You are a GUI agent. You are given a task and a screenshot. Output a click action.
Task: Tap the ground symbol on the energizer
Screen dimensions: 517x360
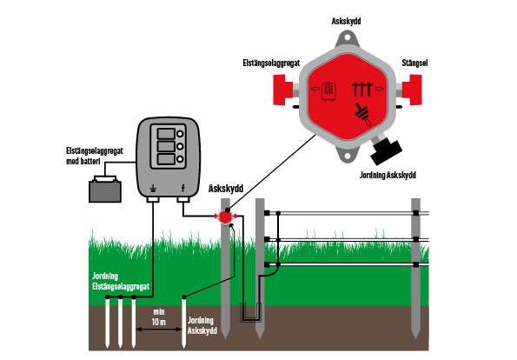(153, 189)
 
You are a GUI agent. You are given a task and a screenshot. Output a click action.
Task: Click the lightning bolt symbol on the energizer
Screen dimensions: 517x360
(183, 188)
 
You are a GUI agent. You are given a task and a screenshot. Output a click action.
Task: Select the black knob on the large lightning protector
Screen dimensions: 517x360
(386, 151)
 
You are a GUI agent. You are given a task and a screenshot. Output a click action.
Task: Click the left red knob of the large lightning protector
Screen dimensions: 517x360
(282, 90)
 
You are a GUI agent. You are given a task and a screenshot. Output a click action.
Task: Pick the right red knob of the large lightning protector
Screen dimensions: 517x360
(413, 90)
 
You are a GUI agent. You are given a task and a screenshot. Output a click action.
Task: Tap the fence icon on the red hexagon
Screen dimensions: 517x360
(362, 90)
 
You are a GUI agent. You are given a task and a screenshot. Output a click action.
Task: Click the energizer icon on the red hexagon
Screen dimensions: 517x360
(328, 91)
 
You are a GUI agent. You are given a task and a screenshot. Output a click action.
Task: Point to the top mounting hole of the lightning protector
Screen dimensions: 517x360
(347, 37)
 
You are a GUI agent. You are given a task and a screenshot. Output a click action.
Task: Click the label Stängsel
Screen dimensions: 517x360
(414, 63)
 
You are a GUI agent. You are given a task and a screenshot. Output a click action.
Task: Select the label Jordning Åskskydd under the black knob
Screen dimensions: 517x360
(388, 175)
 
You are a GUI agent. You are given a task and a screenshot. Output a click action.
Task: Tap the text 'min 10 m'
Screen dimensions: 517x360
(159, 317)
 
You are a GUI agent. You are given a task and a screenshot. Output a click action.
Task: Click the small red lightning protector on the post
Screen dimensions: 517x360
(226, 217)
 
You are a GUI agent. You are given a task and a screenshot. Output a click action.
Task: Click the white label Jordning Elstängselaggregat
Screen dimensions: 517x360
(121, 281)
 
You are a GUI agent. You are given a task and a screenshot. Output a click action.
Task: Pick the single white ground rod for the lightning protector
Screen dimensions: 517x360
(184, 322)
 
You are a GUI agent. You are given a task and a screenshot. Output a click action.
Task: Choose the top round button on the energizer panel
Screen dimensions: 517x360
(180, 134)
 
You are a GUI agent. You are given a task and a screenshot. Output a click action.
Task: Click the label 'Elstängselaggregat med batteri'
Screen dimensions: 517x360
(95, 156)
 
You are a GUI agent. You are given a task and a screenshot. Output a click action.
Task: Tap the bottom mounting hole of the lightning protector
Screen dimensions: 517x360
(347, 155)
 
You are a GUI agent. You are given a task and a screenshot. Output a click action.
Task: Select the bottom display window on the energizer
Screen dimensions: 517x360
(166, 159)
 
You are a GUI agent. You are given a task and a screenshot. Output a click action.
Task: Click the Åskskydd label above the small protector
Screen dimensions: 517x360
(226, 189)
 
